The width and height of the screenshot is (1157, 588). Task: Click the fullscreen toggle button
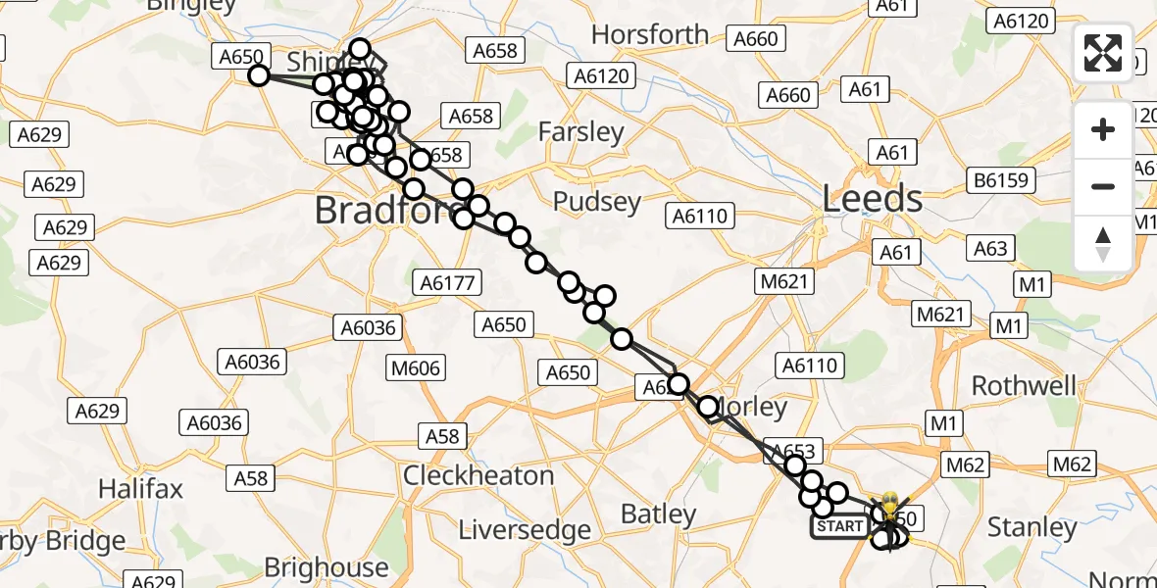(1103, 53)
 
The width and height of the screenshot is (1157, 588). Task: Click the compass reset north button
(1103, 242)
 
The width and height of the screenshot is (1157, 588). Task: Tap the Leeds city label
(873, 199)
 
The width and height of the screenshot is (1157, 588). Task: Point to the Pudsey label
(597, 202)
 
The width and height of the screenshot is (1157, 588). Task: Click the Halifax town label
(141, 488)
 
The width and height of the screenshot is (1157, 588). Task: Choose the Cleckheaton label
(478, 475)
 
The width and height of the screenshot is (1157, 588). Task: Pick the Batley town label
(660, 514)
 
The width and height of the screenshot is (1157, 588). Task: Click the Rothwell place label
(1024, 385)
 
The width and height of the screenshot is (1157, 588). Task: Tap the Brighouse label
(327, 567)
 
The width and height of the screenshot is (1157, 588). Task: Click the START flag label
(839, 526)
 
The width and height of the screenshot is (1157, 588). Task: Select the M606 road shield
(416, 367)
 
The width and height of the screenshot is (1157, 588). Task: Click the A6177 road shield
(447, 283)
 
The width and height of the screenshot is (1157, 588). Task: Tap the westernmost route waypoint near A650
(259, 75)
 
